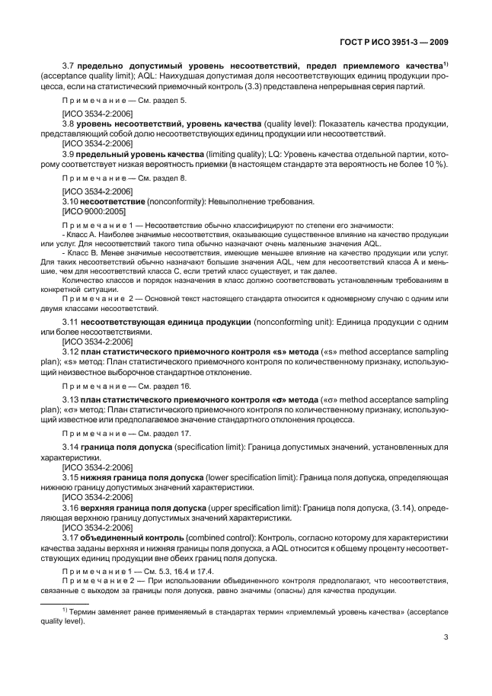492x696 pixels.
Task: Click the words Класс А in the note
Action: [80, 235]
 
